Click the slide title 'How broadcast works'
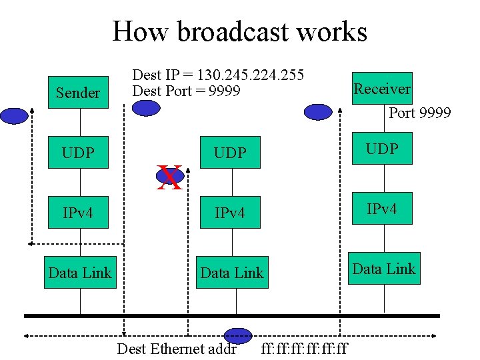239,31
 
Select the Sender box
77,93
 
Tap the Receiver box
382,89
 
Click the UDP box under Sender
77,153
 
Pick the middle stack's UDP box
230,153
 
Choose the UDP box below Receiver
382,149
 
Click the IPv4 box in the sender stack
77,213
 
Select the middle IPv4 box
230,213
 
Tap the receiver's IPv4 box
382,209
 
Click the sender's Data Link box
80,273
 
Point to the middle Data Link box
232,273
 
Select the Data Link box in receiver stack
384,269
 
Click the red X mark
169,178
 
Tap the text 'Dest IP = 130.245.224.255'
218,75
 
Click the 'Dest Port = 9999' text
186,91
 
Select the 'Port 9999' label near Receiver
419,113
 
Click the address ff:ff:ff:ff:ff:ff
305,349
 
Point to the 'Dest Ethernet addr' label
177,349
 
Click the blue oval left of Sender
14,116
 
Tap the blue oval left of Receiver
318,112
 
